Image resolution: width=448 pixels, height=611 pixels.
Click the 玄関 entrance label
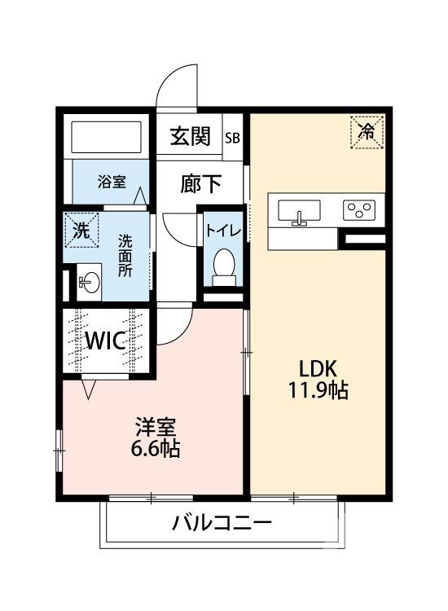click(190, 136)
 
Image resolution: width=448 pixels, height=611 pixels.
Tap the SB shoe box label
click(233, 137)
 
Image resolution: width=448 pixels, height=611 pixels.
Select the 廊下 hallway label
click(200, 183)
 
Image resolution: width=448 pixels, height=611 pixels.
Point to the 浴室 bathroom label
click(112, 181)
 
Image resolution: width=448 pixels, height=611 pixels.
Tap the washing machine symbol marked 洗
click(81, 229)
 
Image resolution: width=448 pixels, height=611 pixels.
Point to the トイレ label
click(222, 231)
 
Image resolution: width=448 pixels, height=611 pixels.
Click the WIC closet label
click(106, 340)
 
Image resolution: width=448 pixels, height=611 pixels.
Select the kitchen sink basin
click(300, 212)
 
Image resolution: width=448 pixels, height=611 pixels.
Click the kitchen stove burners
click(359, 211)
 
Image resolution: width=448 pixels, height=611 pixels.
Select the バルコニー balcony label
click(222, 522)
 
